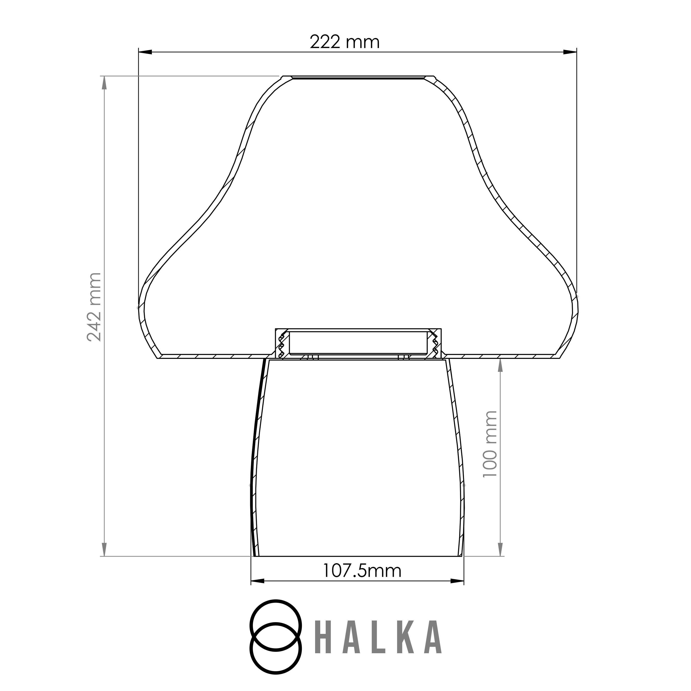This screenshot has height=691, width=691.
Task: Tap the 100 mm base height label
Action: (490, 443)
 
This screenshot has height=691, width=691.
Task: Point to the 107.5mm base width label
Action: (362, 571)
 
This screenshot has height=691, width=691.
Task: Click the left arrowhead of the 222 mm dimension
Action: (145, 52)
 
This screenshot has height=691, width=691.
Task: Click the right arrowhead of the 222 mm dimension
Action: (570, 52)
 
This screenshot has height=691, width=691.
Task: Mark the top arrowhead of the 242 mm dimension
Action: (104, 83)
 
